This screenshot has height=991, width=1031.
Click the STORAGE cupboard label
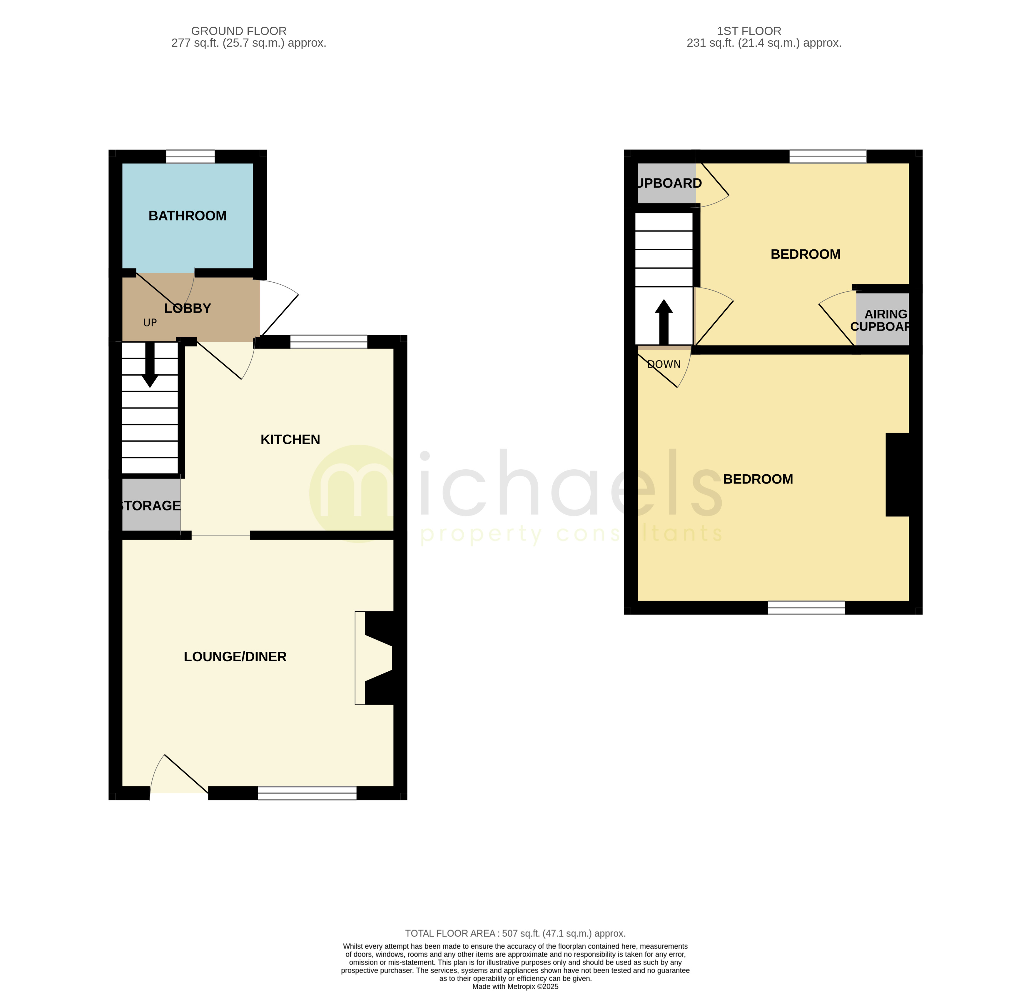(x=151, y=506)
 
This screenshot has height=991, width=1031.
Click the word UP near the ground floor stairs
(x=150, y=323)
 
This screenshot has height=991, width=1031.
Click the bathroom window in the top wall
(x=191, y=156)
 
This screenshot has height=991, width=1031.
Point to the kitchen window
(x=329, y=342)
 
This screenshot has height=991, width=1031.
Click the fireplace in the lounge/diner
(x=379, y=658)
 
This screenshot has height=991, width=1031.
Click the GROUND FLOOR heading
(x=238, y=31)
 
